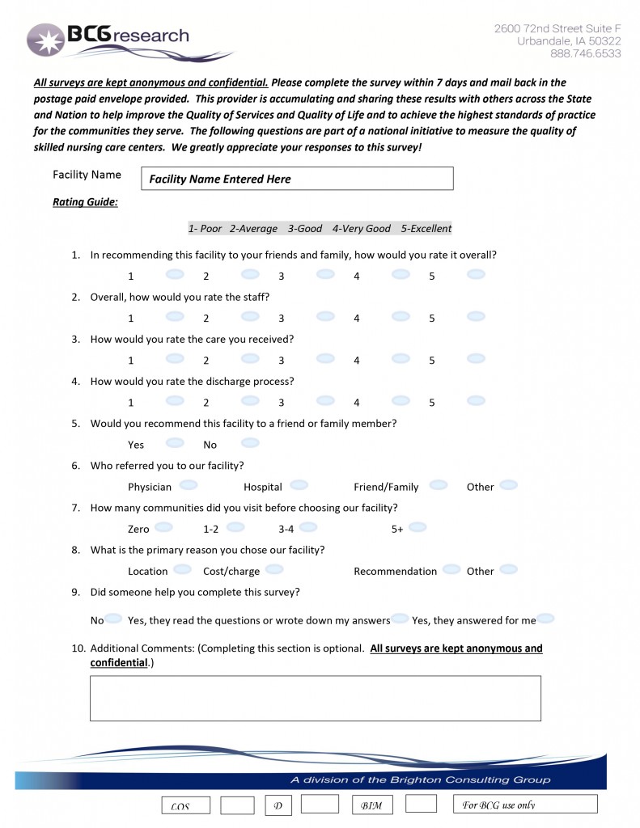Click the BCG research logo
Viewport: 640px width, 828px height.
tap(108, 38)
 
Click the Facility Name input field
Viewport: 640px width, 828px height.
tap(297, 179)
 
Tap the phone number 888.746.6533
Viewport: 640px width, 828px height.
tap(585, 53)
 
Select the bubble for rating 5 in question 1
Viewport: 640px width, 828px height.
tap(476, 274)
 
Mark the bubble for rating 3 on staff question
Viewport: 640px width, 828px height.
tap(325, 316)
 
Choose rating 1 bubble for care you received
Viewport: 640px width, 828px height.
tap(174, 358)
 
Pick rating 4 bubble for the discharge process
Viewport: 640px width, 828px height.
tap(401, 400)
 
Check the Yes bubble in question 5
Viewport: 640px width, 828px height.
tap(174, 442)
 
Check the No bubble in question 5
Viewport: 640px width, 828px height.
tap(250, 442)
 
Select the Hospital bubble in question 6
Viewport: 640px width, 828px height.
tap(299, 485)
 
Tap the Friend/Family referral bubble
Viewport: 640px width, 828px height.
tap(439, 485)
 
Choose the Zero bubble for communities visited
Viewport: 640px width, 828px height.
tap(163, 527)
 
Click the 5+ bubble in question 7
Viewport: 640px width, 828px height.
tap(417, 527)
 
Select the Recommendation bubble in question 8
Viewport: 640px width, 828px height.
tap(451, 569)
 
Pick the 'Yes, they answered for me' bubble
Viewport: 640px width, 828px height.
tap(545, 619)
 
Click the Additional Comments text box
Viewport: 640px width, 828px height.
tap(315, 698)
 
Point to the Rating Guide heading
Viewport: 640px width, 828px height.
tap(85, 202)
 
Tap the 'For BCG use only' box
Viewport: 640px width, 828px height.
tap(525, 805)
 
